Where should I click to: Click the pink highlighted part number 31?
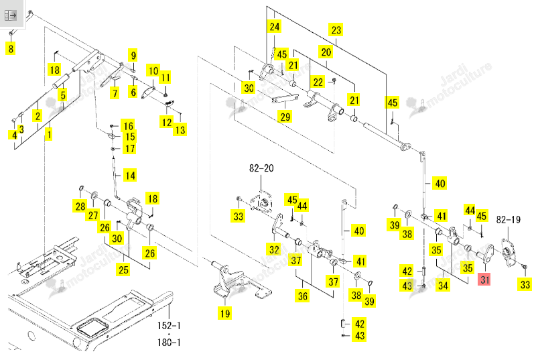484,280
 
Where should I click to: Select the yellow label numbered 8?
11,48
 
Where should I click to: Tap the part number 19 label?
224,313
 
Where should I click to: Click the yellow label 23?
336,30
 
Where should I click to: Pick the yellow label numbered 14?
130,176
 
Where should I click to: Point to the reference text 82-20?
261,168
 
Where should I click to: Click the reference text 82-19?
509,219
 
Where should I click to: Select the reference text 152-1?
169,325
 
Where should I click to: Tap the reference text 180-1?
169,342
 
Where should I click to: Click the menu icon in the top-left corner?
10,15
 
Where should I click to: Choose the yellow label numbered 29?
285,117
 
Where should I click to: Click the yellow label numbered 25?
123,269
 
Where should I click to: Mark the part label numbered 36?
303,296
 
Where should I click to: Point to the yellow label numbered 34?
443,285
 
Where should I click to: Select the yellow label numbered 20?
326,52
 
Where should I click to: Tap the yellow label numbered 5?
62,95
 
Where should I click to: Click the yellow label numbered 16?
128,126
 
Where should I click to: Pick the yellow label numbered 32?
274,249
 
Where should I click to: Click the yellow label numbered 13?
180,129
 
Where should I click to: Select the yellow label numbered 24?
274,26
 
